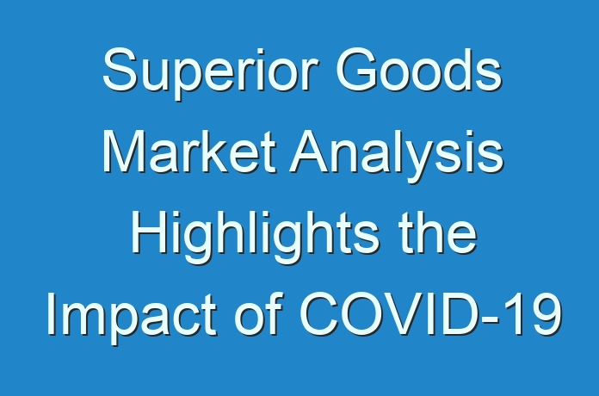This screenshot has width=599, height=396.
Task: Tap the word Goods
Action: click(418, 69)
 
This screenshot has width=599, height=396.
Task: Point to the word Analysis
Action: click(397, 156)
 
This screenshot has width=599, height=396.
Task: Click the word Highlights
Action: click(256, 237)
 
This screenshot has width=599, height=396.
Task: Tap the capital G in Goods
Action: click(356, 69)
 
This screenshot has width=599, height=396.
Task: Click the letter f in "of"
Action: click(275, 314)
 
